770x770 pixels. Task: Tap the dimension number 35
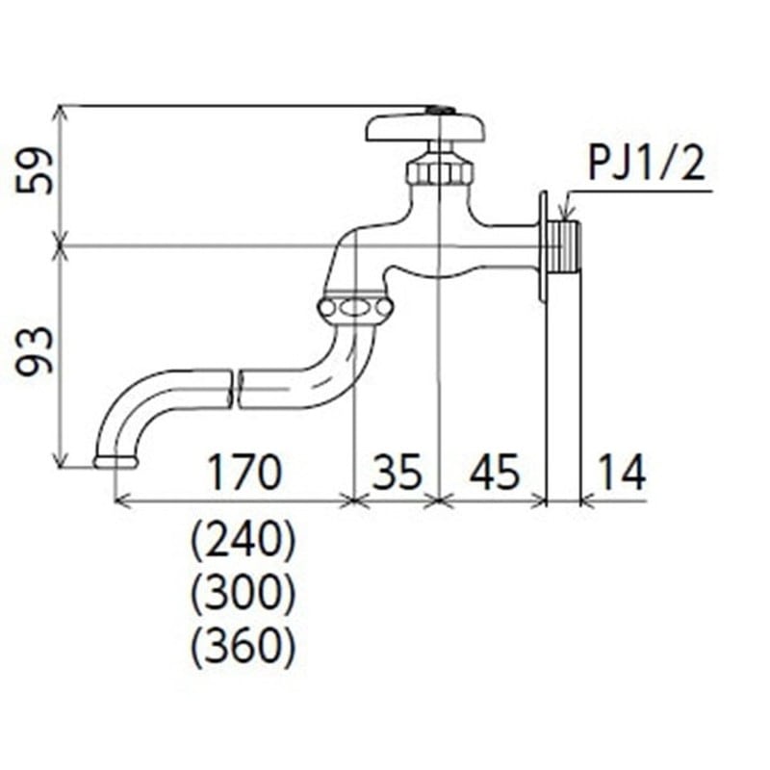396,473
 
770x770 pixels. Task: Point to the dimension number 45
493,473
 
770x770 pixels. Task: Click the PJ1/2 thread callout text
647,166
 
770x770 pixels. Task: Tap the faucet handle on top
424,128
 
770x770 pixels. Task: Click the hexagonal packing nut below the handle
440,171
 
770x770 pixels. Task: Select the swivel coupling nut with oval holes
354,309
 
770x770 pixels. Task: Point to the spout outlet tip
115,462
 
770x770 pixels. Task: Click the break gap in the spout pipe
235,387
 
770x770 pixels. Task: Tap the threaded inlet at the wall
567,246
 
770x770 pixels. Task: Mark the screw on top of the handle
440,111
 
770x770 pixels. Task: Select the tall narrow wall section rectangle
563,385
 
